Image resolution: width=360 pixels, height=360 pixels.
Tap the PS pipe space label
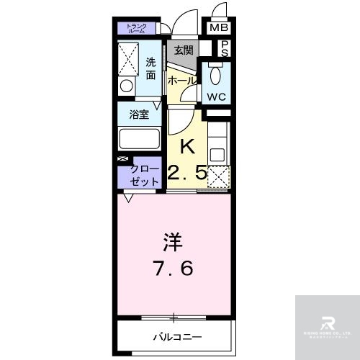tap(225, 48)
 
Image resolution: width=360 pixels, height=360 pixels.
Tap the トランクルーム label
tap(137, 29)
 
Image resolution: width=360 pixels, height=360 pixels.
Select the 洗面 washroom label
tap(150, 68)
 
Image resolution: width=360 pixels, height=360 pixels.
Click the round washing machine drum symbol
tap(127, 86)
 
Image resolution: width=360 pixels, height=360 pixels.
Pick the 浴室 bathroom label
tap(139, 114)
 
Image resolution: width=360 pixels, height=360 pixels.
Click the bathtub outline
tap(140, 139)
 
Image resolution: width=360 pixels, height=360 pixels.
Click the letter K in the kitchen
tap(187, 146)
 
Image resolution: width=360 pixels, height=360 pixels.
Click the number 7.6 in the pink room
tap(173, 269)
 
